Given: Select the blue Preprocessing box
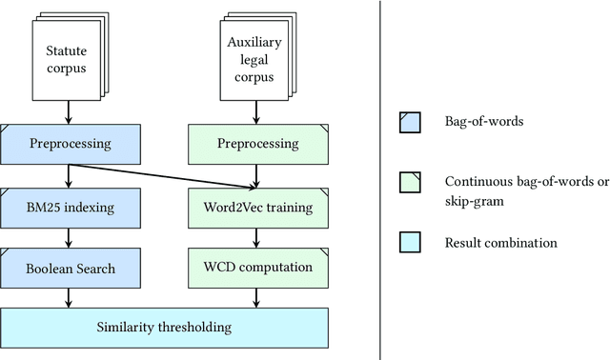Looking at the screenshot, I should tap(71, 144).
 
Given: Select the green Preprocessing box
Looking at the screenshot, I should tap(258, 144).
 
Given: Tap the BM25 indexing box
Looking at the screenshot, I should tap(71, 206).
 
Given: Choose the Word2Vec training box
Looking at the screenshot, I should tap(258, 206).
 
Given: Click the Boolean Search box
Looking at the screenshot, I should tap(71, 268).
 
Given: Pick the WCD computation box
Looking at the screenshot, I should tap(258, 268).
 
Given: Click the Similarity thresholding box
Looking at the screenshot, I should tap(164, 328).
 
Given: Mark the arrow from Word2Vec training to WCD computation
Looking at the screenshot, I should tap(258, 237).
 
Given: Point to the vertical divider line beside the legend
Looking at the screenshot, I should tap(380, 180).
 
